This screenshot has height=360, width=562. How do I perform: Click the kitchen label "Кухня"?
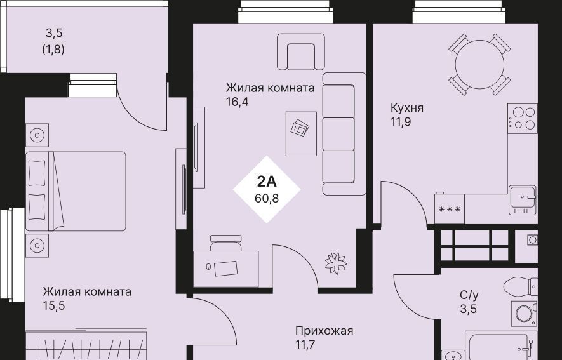pyautogui.click(x=407, y=108)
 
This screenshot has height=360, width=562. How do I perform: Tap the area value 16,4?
pyautogui.click(x=238, y=102)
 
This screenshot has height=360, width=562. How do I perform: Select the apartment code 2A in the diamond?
pyautogui.click(x=267, y=182)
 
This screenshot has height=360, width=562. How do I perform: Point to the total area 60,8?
pyautogui.click(x=267, y=197)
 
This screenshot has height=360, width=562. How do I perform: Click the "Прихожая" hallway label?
pyautogui.click(x=324, y=331)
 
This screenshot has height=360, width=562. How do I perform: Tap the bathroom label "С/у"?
pyautogui.click(x=469, y=295)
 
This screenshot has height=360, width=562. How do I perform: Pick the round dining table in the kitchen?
pyautogui.click(x=479, y=65)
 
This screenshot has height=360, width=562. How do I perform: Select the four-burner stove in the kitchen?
pyautogui.click(x=522, y=118)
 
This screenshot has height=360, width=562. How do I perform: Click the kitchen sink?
pyautogui.click(x=523, y=200)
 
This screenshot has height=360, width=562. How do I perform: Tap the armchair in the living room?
pyautogui.click(x=301, y=52)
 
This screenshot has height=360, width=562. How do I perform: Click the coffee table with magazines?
pyautogui.click(x=301, y=133)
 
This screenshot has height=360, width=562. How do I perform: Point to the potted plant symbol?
pyautogui.click(x=335, y=263)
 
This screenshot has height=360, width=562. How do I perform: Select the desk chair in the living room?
pyautogui.click(x=225, y=243)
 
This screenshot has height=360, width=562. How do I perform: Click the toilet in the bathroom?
pyautogui.click(x=520, y=286)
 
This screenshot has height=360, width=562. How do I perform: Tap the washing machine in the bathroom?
pyautogui.click(x=524, y=314)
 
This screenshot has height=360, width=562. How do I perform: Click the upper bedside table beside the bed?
pyautogui.click(x=37, y=135)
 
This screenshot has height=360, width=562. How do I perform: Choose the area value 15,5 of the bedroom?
pyautogui.click(x=54, y=306)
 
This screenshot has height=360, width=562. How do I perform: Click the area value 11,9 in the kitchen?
pyautogui.click(x=401, y=122)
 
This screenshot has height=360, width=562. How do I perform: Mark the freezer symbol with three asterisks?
pyautogui.click(x=450, y=209)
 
